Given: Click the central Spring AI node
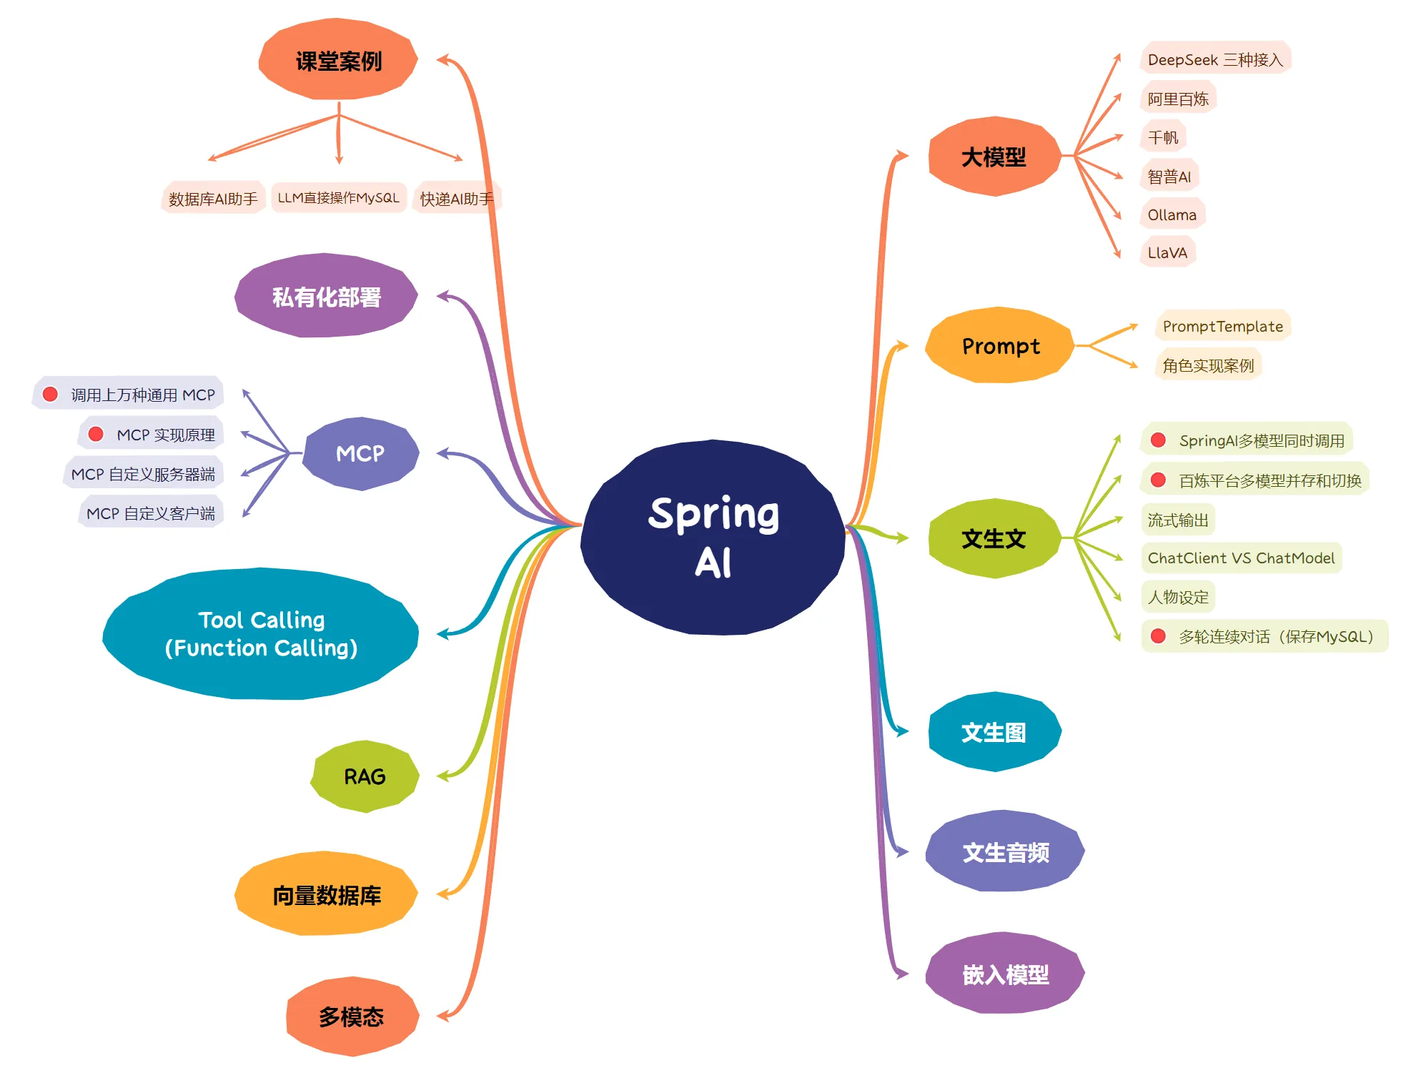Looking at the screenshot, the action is coord(713,537).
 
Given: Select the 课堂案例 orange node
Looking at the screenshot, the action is coord(338,60).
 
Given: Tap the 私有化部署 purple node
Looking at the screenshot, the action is coord(326,296).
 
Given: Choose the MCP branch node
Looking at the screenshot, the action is coord(360,453).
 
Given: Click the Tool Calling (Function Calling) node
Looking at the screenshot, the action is coord(261,634).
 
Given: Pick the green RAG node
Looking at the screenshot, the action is coord(365,776).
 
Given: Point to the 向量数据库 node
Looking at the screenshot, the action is coord(327,894).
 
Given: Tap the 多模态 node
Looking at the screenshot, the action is coord(352,1016).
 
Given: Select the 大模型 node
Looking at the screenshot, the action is coord(994,157).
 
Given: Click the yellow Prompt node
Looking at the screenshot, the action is coord(1000,346).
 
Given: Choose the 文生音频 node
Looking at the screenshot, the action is coord(1005,851).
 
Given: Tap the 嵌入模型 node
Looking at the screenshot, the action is coord(1005,974).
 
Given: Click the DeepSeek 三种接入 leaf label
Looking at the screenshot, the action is coord(1215,59).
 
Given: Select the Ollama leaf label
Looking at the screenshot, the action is coord(1172,214).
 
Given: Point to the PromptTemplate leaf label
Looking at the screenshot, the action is coord(1222,327).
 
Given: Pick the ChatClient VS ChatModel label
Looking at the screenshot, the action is coord(1241,558).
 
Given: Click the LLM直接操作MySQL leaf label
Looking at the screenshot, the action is coord(338,198).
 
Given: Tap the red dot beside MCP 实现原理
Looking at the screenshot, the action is coord(96,434).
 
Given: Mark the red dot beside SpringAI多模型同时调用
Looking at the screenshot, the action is coord(1159,440).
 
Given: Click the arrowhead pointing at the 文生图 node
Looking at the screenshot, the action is coord(902,731).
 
